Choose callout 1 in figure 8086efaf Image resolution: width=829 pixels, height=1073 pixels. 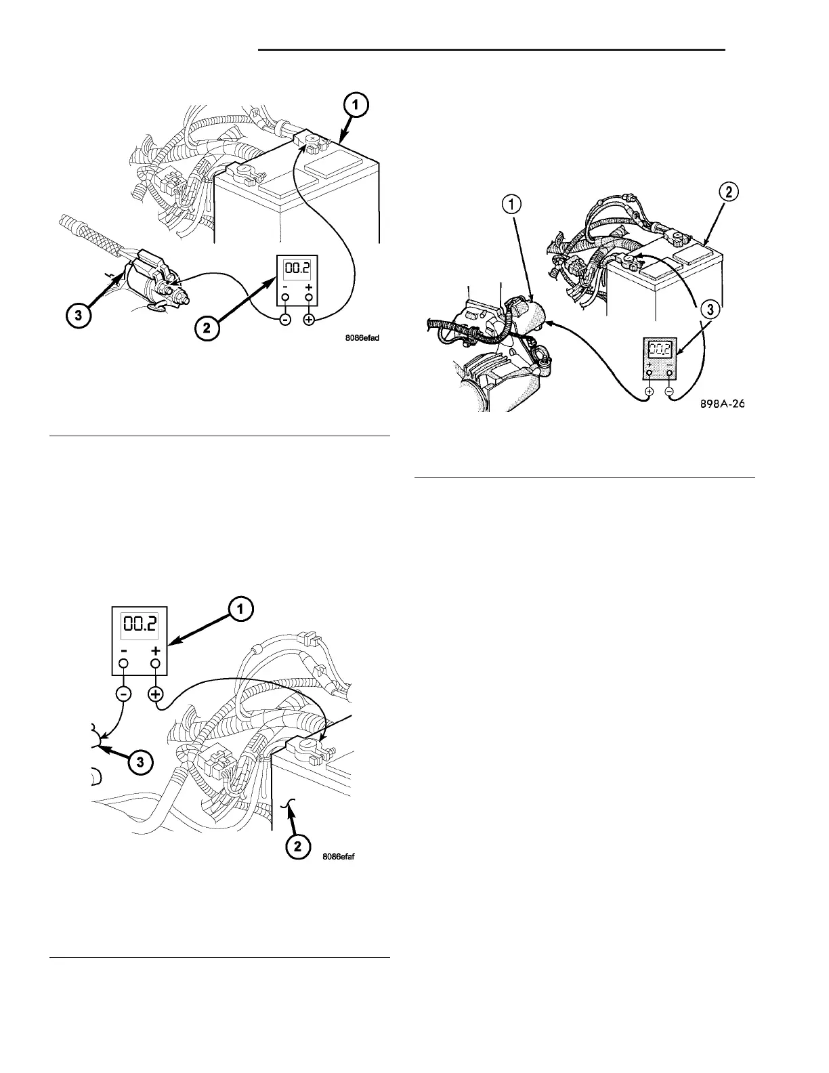pyautogui.click(x=240, y=609)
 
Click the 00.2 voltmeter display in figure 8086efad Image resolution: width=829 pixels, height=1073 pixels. pyautogui.click(x=297, y=268)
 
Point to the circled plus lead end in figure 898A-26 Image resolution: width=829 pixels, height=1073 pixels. pyautogui.click(x=649, y=392)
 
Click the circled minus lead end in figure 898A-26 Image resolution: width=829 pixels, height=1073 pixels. pyautogui.click(x=670, y=392)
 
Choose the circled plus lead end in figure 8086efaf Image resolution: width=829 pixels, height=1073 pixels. pyautogui.click(x=156, y=694)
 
